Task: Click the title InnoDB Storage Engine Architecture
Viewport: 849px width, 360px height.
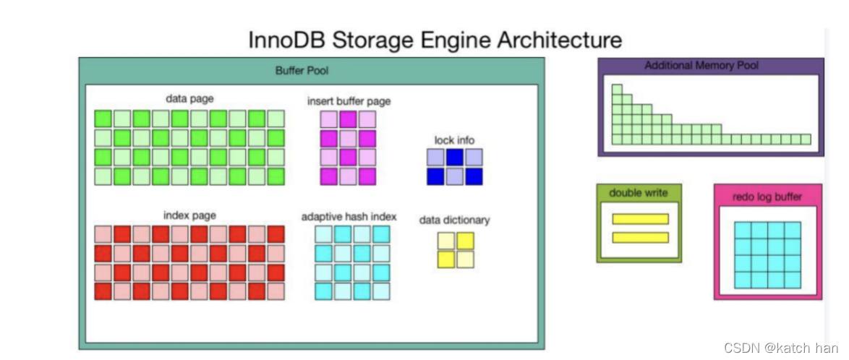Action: tap(435, 39)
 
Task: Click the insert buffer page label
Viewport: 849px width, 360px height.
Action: tap(349, 101)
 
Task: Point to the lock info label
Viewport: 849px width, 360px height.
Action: tap(454, 140)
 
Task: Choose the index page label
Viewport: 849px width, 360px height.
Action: tap(189, 215)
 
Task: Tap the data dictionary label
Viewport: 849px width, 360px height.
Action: tap(454, 220)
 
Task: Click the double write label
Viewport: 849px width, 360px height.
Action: tap(638, 193)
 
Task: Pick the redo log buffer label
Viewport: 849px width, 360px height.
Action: tap(767, 197)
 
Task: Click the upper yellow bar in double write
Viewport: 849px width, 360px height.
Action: tap(640, 219)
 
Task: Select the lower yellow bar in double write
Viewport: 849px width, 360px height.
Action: tap(640, 237)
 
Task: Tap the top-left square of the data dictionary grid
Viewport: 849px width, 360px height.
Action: tap(446, 241)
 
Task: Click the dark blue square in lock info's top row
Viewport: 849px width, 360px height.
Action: tap(454, 157)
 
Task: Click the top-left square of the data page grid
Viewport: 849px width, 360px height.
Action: tap(103, 119)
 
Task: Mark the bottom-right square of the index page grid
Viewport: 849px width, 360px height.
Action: tap(276, 291)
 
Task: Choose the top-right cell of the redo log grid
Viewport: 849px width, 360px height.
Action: tap(793, 230)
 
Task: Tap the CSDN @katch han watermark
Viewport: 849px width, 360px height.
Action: tap(793, 348)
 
